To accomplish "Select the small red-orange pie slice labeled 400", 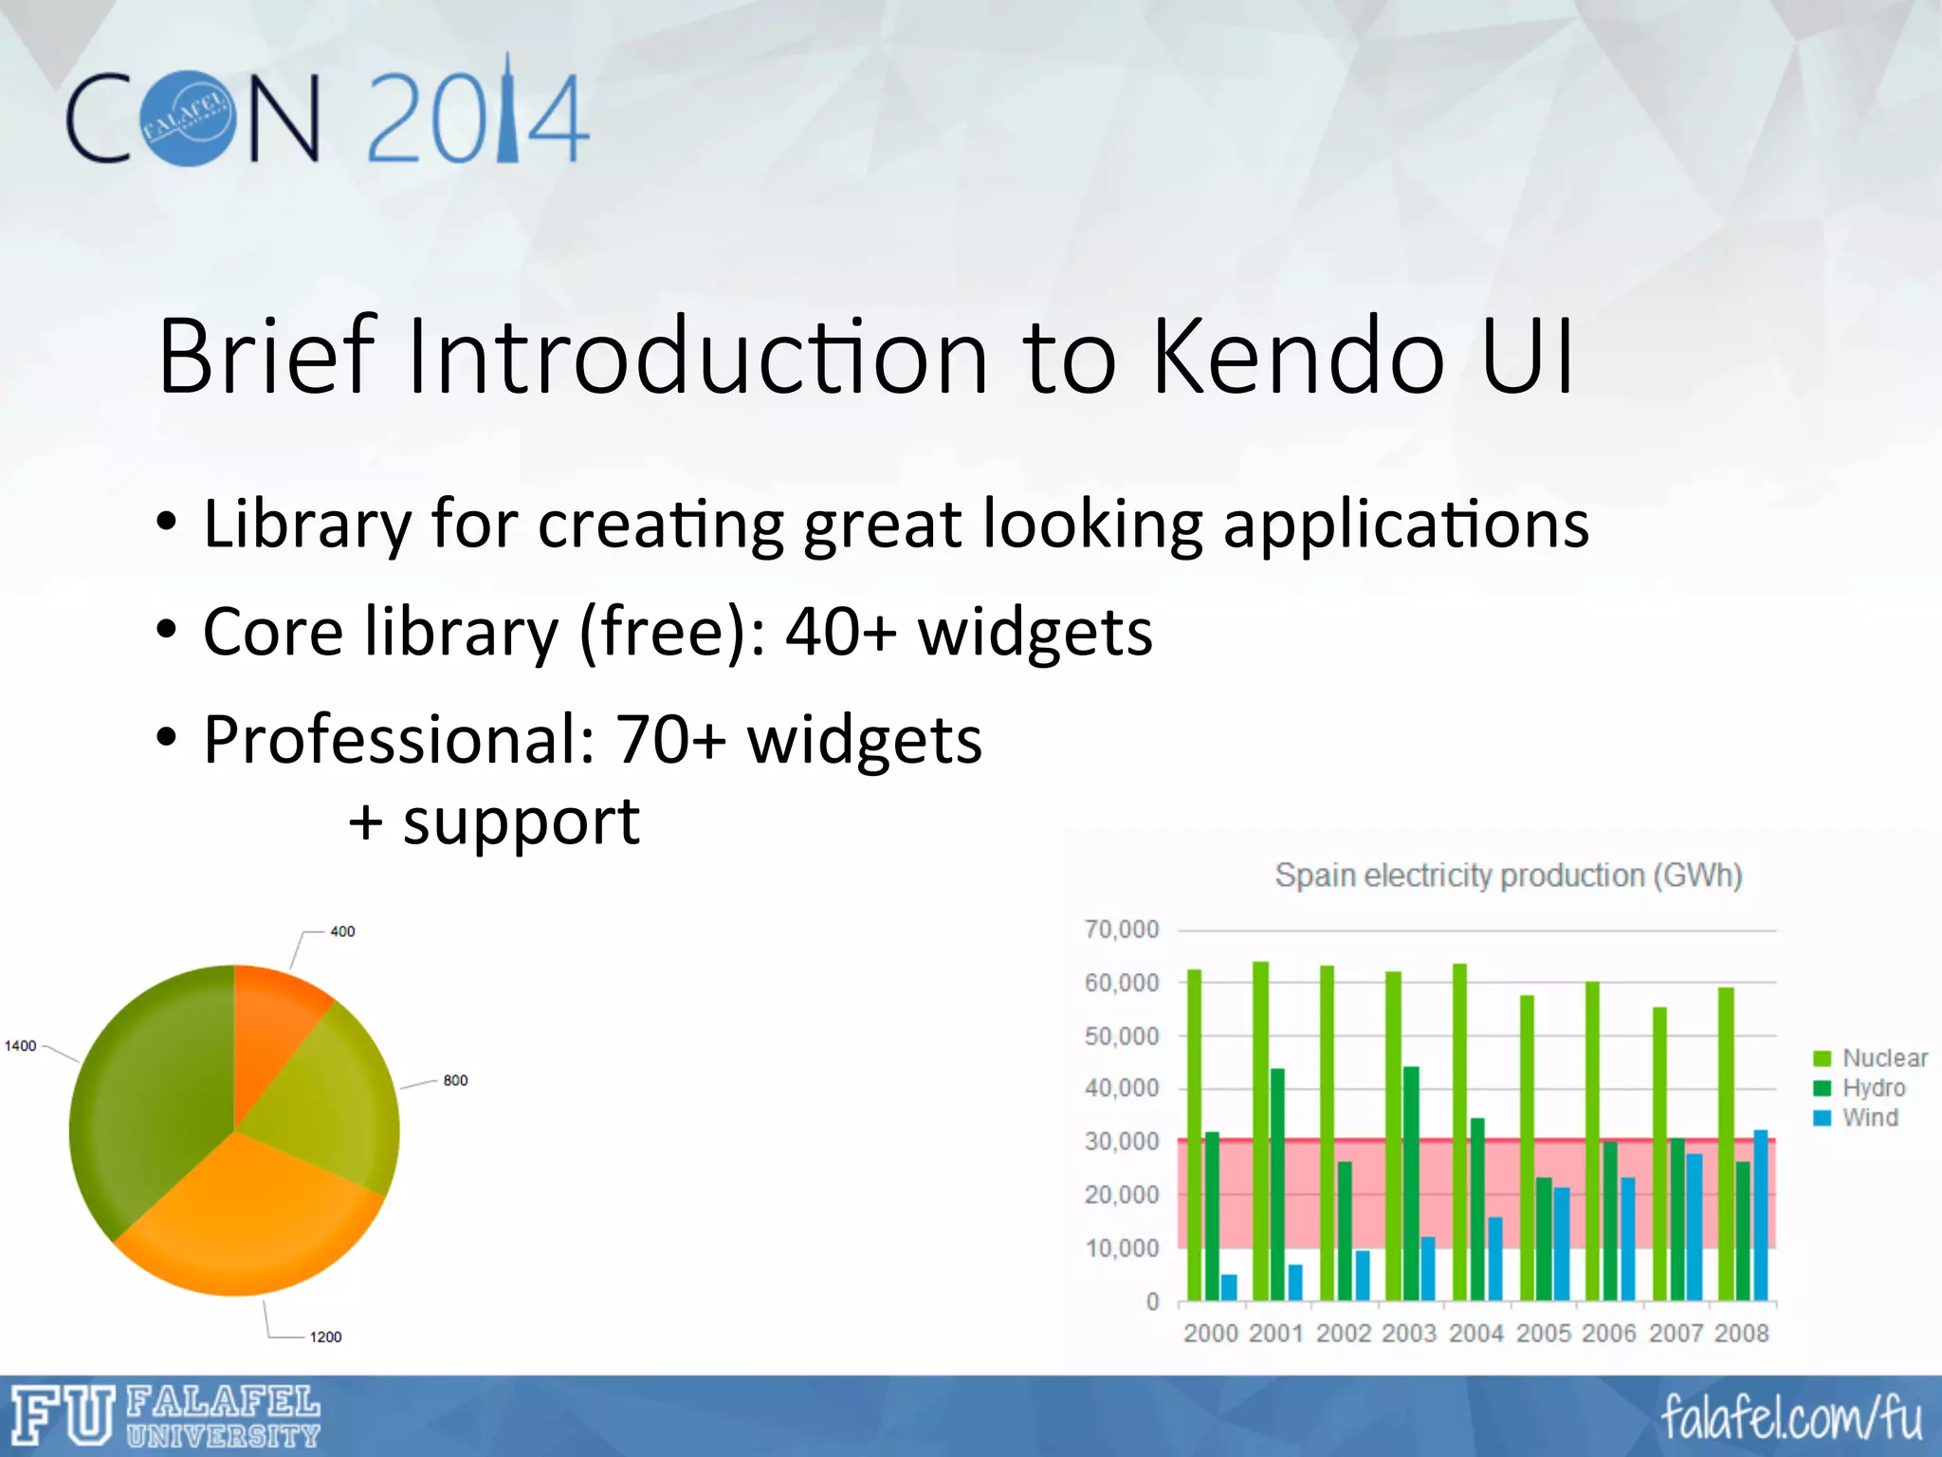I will pyautogui.click(x=275, y=1024).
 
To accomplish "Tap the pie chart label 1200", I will pyautogui.click(x=325, y=1337).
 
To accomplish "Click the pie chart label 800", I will pyautogui.click(x=455, y=1080).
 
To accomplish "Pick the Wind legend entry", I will pyautogui.click(x=1868, y=1117).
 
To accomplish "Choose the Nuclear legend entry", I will pyautogui.click(x=1882, y=1058).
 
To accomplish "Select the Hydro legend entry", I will pyautogui.click(x=1872, y=1088).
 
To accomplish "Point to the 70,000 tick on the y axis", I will pyautogui.click(x=1122, y=930).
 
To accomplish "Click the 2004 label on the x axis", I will pyautogui.click(x=1476, y=1333).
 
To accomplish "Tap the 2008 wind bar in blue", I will pyautogui.click(x=1761, y=1214).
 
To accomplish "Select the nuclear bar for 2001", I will pyautogui.click(x=1260, y=1129).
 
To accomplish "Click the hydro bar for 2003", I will pyautogui.click(x=1411, y=1186).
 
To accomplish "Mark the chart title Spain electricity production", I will pyautogui.click(x=1508, y=875).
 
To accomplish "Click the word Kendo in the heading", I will pyautogui.click(x=1299, y=358).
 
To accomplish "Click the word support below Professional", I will pyautogui.click(x=521, y=821).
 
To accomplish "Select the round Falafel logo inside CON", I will pyautogui.click(x=188, y=119).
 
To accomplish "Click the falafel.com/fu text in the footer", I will pyautogui.click(x=1790, y=1418).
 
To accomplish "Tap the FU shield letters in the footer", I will pyautogui.click(x=63, y=1415).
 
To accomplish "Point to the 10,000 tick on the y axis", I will pyautogui.click(x=1122, y=1248).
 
